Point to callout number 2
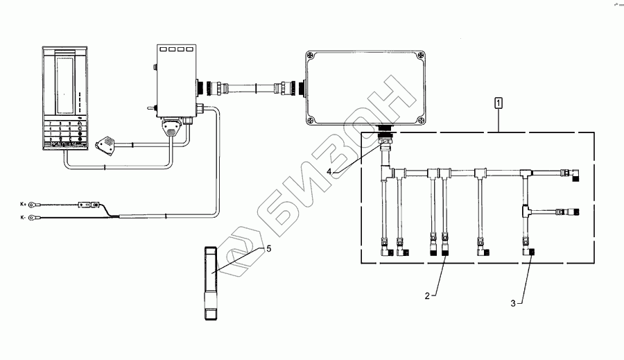[428, 296]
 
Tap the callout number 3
[513, 302]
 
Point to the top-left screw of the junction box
[310, 54]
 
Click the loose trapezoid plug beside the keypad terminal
[105, 143]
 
